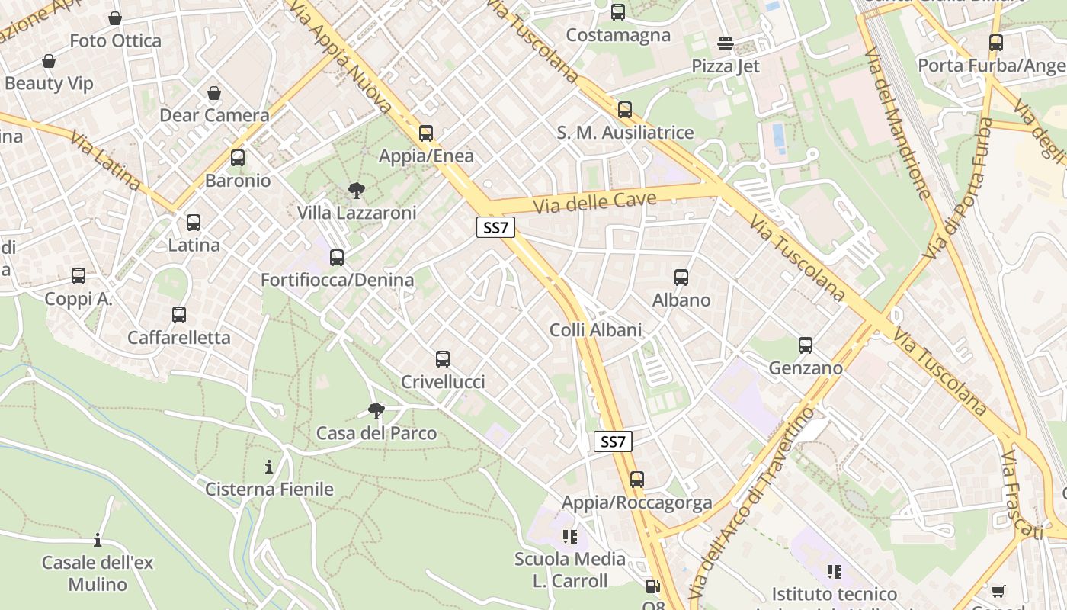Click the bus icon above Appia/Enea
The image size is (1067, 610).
(426, 133)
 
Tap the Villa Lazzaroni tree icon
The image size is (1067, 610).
(356, 191)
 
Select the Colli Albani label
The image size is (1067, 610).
(595, 330)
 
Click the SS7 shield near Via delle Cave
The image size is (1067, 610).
(495, 227)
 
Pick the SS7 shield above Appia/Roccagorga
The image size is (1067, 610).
(613, 441)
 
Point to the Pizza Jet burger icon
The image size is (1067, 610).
(726, 43)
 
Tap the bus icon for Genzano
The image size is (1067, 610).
(806, 345)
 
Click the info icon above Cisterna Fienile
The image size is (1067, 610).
(269, 467)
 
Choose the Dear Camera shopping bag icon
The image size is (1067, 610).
(214, 93)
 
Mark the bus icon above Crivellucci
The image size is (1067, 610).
(443, 359)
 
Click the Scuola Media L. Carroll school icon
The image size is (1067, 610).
(569, 537)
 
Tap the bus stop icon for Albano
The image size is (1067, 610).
(681, 278)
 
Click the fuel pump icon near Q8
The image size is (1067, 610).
(652, 586)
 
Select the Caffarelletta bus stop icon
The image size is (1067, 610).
(179, 315)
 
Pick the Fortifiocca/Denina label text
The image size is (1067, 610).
(337, 280)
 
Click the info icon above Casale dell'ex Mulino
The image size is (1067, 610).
(98, 541)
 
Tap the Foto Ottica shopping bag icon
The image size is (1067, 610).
(115, 18)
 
